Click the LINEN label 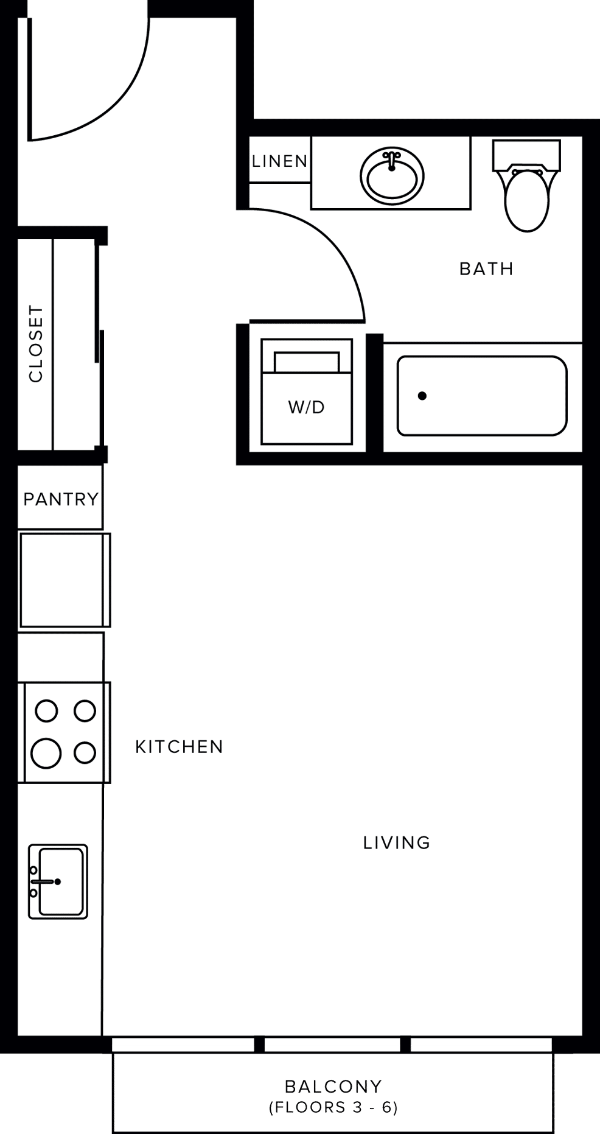[280, 161]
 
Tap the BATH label [486, 268]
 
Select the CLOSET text [36, 344]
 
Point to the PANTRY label [61, 499]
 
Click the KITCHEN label [180, 747]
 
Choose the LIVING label [397, 842]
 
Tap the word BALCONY [333, 1086]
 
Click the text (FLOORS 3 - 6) [333, 1107]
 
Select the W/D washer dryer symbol [307, 391]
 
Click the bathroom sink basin [392, 176]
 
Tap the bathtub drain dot [422, 396]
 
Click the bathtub [482, 396]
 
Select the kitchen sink [58, 881]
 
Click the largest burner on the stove [46, 753]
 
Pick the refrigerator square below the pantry [64, 580]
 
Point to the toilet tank [526, 155]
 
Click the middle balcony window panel [332, 1045]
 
